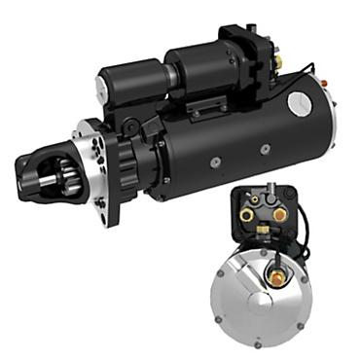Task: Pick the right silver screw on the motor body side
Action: coord(265,149)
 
